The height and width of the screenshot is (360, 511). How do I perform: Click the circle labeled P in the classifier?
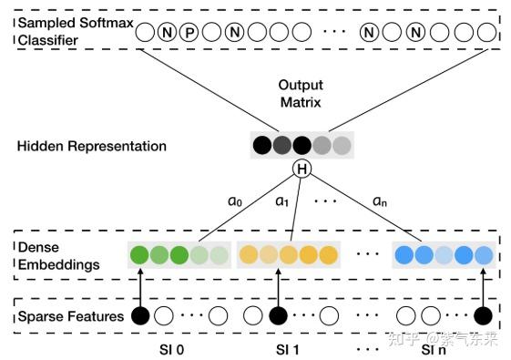click(x=189, y=32)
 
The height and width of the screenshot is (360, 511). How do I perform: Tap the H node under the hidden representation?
click(x=301, y=169)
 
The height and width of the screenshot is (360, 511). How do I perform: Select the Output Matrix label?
click(x=301, y=94)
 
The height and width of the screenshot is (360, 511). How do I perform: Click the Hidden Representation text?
click(x=92, y=146)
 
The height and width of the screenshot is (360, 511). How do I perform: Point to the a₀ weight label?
click(x=235, y=201)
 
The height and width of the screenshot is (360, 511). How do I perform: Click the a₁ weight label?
click(x=281, y=201)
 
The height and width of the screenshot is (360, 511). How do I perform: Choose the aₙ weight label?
click(x=380, y=201)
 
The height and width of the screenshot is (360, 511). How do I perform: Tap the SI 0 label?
click(x=172, y=350)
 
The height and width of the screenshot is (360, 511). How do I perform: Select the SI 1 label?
click(x=288, y=350)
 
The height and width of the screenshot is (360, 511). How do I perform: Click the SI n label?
click(x=434, y=350)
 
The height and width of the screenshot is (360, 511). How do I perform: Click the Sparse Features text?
click(x=71, y=316)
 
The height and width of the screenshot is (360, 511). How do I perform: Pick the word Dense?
click(x=38, y=248)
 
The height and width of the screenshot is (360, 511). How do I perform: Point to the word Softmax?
click(x=107, y=23)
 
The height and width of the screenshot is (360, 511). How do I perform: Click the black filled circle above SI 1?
click(x=279, y=315)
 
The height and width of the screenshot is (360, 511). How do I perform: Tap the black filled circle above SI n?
click(x=483, y=315)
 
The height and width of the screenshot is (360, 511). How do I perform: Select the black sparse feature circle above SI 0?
click(x=140, y=315)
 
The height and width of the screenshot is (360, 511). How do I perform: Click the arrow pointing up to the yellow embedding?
click(x=279, y=287)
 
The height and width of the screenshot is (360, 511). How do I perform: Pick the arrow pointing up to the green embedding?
click(x=140, y=287)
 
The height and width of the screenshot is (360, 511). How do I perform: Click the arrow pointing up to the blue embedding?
click(x=483, y=287)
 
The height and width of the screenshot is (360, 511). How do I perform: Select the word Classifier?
click(x=48, y=40)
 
